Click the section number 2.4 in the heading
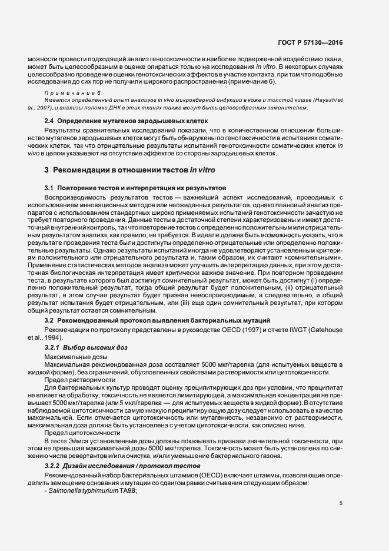click(50, 121)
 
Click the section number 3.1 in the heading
click(50, 187)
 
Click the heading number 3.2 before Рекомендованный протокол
click(50, 320)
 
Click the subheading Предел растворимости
click(77, 380)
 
